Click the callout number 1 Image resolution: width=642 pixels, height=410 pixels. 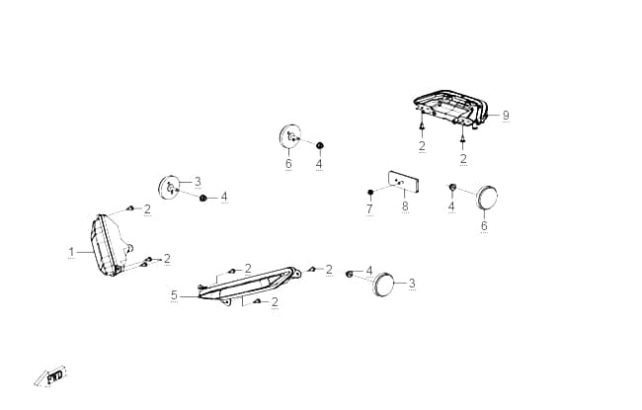click(71, 252)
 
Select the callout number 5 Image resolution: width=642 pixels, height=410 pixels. click(175, 295)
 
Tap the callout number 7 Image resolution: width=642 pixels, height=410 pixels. click(369, 208)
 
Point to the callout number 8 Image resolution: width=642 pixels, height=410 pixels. click(405, 206)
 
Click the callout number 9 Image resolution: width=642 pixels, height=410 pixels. click(506, 115)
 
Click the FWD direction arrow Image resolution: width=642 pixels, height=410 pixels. click(50, 376)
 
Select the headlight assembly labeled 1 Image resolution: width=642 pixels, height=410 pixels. click(110, 245)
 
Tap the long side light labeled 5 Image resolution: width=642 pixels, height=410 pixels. click(249, 285)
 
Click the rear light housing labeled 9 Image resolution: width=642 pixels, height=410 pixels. click(450, 108)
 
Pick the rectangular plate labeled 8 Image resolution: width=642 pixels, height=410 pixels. click(404, 182)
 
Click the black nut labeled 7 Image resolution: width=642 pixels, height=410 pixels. click(370, 192)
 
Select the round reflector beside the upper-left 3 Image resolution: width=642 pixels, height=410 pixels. click(169, 187)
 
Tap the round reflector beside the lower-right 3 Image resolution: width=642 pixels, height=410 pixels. click(383, 284)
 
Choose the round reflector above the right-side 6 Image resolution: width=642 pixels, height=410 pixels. click(487, 198)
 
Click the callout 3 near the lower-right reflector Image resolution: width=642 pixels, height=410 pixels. click(412, 283)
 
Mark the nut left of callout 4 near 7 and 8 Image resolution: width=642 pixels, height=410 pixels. click(452, 187)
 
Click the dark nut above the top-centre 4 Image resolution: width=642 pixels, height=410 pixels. click(320, 145)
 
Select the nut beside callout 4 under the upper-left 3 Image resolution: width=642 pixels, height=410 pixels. click(202, 199)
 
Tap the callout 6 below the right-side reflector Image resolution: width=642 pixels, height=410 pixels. click(484, 225)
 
